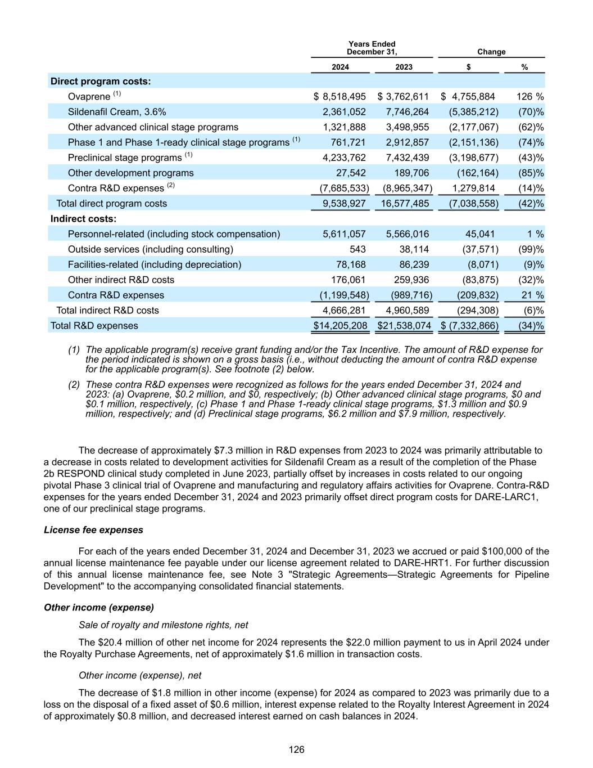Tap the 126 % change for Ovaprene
(x=530, y=97)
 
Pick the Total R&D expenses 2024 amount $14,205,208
(x=341, y=326)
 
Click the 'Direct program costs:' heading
(x=101, y=81)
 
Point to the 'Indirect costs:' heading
(x=84, y=219)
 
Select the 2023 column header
(x=404, y=67)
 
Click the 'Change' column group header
(x=491, y=52)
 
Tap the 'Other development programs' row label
(x=130, y=173)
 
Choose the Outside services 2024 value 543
(x=357, y=249)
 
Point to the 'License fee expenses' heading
(x=93, y=530)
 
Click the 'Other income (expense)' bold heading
(x=99, y=608)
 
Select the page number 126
(x=296, y=749)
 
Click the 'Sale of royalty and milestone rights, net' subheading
(x=163, y=625)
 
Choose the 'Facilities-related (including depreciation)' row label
(x=155, y=264)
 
